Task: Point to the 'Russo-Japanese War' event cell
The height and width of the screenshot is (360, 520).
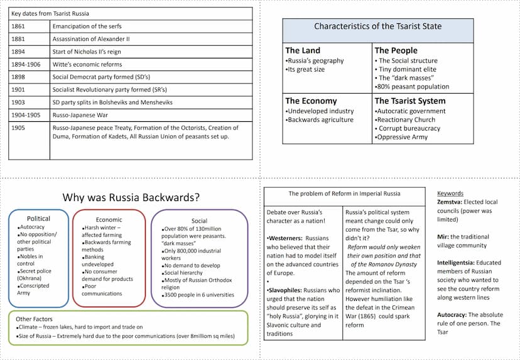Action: [79, 115]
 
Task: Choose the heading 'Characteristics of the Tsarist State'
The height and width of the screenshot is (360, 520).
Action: [377, 26]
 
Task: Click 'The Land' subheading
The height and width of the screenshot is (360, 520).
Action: [303, 50]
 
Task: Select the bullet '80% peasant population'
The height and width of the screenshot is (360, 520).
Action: [413, 87]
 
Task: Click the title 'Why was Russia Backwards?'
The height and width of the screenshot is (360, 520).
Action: [131, 197]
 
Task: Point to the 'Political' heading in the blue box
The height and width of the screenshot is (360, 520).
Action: [38, 219]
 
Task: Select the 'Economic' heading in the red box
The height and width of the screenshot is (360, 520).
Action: [109, 220]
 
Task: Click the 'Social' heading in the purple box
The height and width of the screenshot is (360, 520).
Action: [199, 221]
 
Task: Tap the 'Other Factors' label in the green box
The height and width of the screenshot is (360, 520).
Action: [35, 319]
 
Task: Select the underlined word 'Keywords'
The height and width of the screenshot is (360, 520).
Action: [450, 194]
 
